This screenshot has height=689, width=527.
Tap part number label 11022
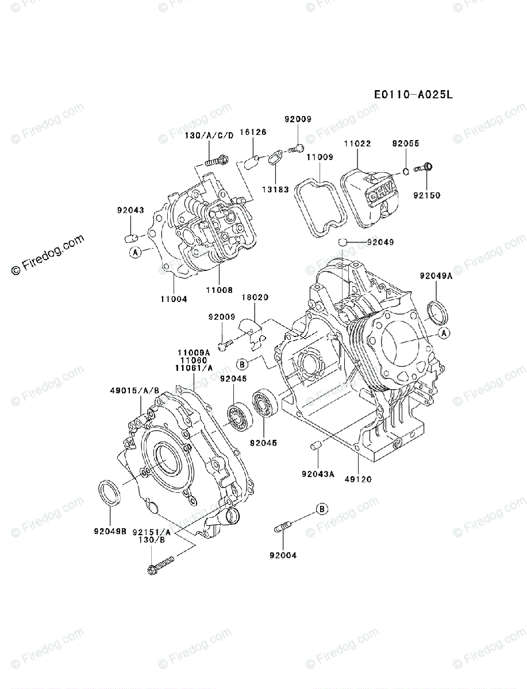[x=357, y=144]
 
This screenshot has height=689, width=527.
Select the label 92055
[x=406, y=144]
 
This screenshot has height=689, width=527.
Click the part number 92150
[x=426, y=195]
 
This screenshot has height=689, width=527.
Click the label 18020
[x=255, y=298]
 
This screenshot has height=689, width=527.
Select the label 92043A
[x=318, y=474]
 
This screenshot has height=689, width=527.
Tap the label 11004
[x=173, y=299]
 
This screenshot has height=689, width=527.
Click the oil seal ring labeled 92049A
[x=438, y=312]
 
